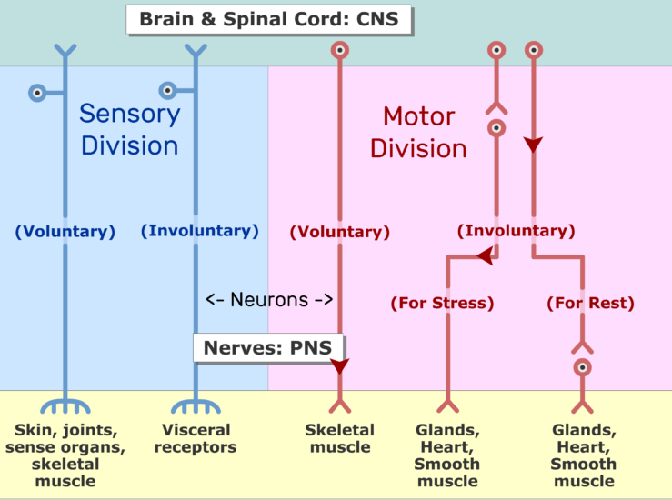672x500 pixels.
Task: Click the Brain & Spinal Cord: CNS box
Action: (x=269, y=19)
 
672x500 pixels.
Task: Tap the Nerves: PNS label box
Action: (x=268, y=347)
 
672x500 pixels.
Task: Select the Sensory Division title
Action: (x=130, y=129)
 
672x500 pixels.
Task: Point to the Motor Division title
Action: (x=418, y=133)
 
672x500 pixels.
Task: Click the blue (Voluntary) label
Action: (x=65, y=231)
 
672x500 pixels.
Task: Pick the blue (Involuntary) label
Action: (x=200, y=231)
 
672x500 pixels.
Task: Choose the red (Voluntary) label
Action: (x=340, y=232)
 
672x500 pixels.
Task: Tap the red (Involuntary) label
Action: (x=516, y=231)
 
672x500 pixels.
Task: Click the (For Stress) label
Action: (x=442, y=303)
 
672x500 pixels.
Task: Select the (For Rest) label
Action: (x=590, y=303)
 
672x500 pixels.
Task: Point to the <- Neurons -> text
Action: (x=269, y=299)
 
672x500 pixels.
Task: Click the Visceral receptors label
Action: (x=196, y=438)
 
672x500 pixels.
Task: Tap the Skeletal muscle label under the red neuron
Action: (x=340, y=438)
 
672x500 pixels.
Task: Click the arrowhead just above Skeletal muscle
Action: (x=340, y=366)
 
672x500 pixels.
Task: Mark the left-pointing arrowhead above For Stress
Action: (x=486, y=255)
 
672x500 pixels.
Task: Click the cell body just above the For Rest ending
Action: (x=582, y=367)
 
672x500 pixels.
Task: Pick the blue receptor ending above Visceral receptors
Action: (x=196, y=406)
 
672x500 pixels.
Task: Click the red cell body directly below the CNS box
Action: (x=340, y=50)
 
